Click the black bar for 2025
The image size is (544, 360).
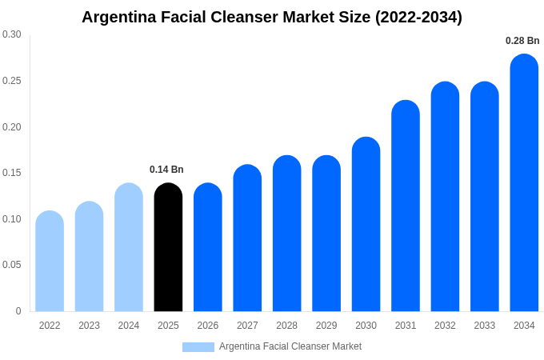click(x=168, y=248)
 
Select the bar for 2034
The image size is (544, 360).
click(x=524, y=184)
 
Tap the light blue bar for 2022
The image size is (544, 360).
click(x=50, y=262)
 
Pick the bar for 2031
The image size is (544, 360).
click(x=406, y=206)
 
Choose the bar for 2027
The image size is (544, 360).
click(x=247, y=238)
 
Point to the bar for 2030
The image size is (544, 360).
click(x=366, y=225)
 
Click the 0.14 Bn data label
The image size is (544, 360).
click(x=166, y=170)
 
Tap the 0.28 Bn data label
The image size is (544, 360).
click(x=522, y=41)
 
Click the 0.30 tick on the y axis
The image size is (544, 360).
click(x=12, y=34)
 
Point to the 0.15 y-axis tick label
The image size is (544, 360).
click(x=12, y=173)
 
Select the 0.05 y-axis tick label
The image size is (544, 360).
click(x=12, y=265)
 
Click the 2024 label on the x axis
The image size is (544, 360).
click(x=129, y=326)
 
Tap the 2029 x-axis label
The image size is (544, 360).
click(x=326, y=326)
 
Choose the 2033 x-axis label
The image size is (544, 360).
click(x=484, y=326)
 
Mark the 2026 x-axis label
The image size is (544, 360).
click(x=208, y=326)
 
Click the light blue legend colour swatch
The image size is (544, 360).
click(x=198, y=347)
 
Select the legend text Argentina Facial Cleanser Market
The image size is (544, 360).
click(x=290, y=346)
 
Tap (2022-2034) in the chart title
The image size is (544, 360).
click(x=419, y=17)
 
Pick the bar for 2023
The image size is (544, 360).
click(x=89, y=257)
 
